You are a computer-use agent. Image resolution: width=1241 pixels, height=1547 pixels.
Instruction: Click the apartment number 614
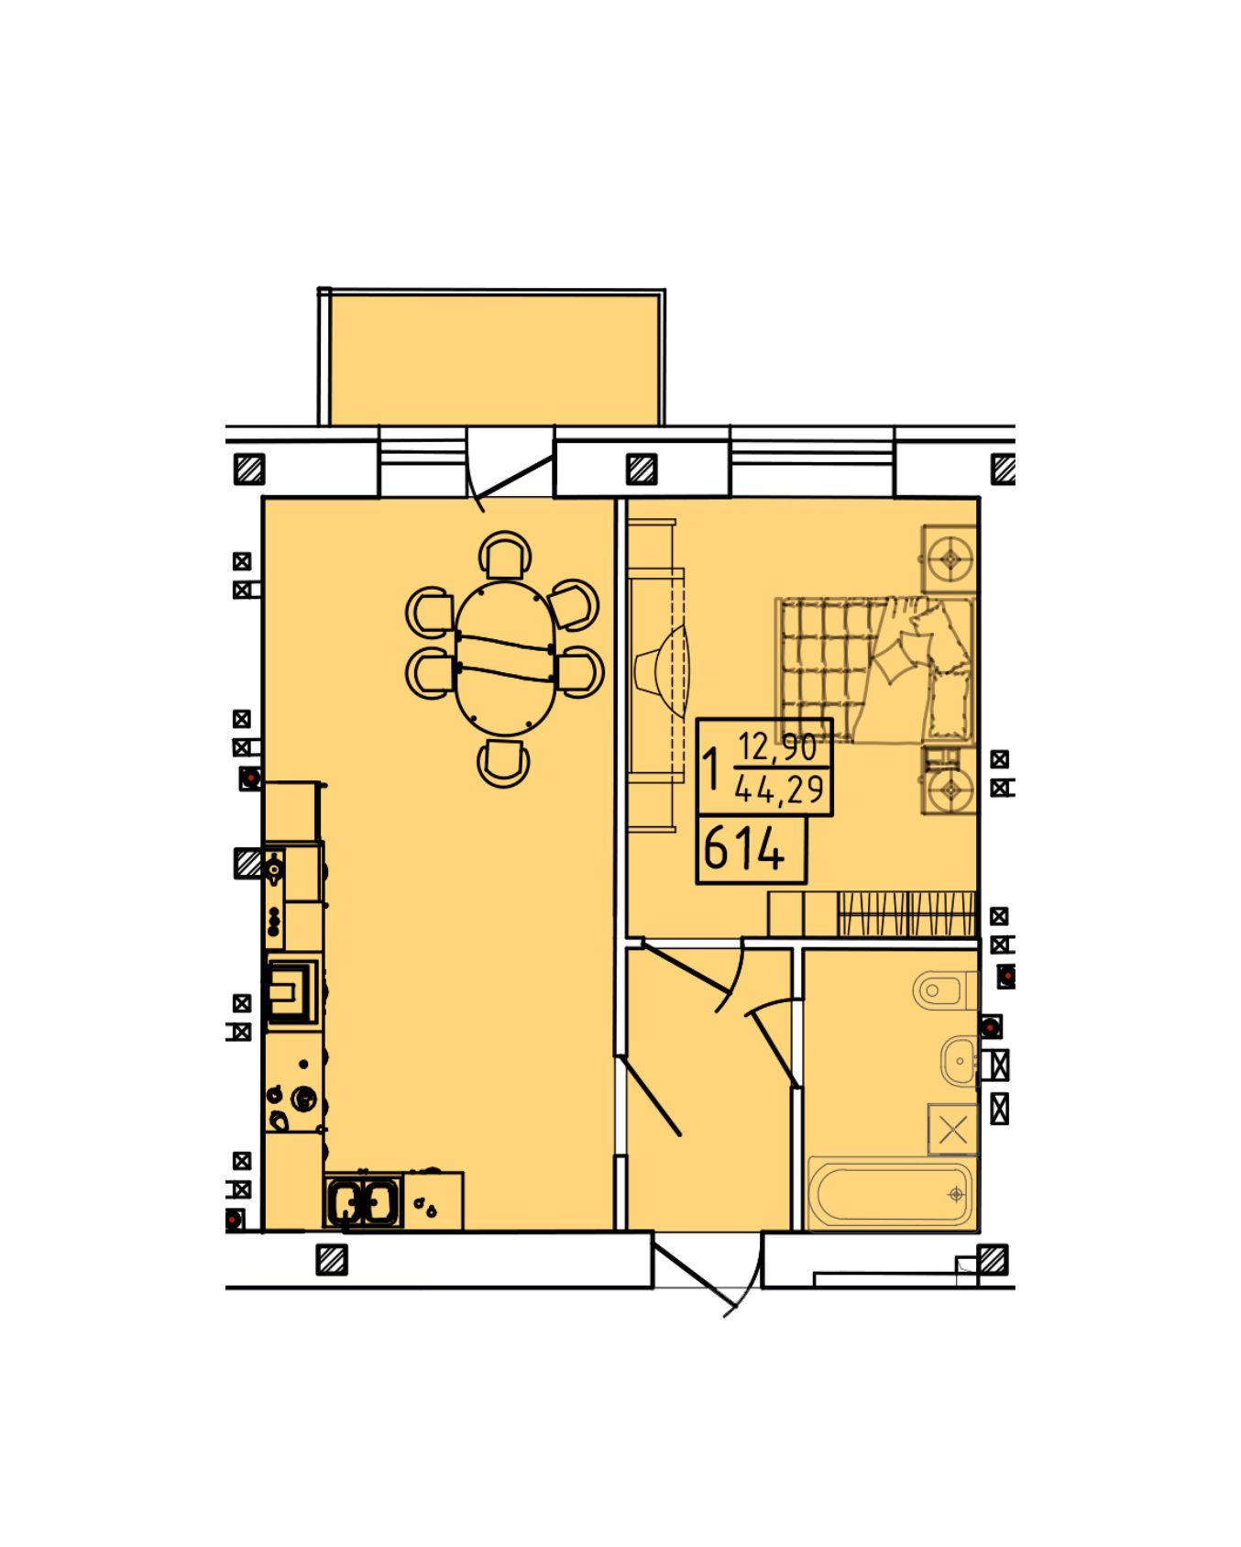744,848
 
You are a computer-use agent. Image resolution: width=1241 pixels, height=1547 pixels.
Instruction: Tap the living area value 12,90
777,746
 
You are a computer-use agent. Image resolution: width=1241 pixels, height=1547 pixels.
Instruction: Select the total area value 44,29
779,789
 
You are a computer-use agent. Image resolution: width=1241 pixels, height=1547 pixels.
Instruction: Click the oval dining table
505,657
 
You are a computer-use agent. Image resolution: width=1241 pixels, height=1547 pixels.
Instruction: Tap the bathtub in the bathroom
890,1194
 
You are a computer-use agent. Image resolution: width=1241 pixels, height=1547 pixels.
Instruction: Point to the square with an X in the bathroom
953,1130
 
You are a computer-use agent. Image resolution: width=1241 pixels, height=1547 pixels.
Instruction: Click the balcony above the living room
493,358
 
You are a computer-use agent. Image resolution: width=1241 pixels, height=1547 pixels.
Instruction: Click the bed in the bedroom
875,669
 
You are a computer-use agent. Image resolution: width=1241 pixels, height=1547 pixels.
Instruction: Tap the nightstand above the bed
950,558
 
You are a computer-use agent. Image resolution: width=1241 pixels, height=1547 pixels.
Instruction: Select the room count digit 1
711,768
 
